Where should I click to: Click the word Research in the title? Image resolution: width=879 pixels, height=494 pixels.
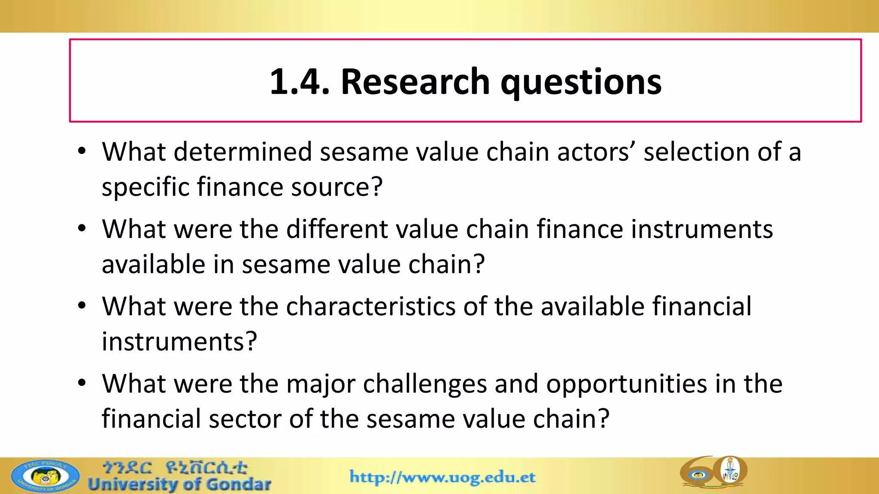415,81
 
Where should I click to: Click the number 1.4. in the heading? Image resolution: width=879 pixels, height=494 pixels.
299,81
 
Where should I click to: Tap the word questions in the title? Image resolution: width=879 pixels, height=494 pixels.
581,82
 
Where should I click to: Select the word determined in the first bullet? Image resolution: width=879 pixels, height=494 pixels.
242,152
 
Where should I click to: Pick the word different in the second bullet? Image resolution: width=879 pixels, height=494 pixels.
336,229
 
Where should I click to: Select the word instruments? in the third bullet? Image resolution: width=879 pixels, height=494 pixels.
179,342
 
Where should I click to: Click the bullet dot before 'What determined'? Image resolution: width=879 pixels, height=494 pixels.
82,151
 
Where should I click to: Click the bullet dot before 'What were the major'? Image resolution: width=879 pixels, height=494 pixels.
82,383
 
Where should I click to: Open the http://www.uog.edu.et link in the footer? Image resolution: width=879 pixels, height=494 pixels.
443,477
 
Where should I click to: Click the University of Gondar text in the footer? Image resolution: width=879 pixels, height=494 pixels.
179,485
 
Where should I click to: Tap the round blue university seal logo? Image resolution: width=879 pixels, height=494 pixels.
45,476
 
